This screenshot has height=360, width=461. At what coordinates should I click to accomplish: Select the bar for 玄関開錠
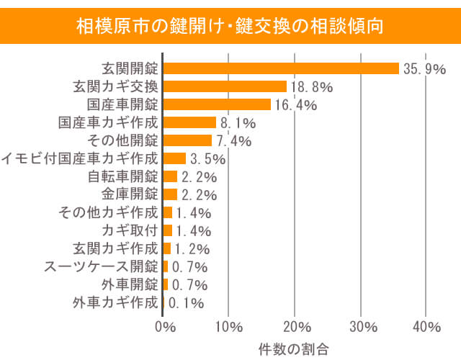click(x=281, y=68)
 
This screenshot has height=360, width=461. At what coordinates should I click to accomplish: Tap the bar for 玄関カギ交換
click(x=225, y=86)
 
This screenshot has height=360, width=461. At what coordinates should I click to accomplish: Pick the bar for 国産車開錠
click(x=217, y=104)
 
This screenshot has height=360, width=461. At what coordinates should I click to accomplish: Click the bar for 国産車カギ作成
click(x=189, y=122)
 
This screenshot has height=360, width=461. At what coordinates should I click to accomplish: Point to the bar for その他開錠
click(x=187, y=140)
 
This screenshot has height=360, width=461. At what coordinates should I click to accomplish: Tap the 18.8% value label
click(x=311, y=87)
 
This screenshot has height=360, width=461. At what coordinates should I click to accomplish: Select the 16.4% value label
click(x=295, y=105)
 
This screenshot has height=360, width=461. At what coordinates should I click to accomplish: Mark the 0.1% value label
click(x=186, y=303)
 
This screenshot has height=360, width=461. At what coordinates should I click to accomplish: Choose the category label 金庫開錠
click(x=130, y=194)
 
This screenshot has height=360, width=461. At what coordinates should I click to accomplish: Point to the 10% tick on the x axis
click(x=228, y=327)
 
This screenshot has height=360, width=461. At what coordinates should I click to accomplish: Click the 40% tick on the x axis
click(x=425, y=327)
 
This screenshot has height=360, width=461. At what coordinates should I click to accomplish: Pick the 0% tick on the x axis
click(x=165, y=327)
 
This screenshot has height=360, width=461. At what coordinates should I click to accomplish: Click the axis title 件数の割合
click(x=294, y=348)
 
